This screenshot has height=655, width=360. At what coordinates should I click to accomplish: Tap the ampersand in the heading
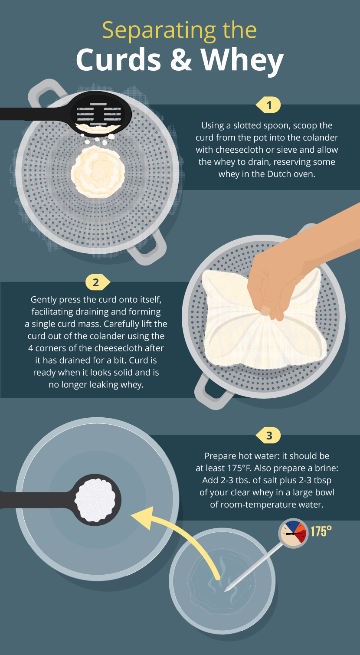tap(180, 59)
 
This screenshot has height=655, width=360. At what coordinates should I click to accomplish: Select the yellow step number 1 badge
tap(268, 105)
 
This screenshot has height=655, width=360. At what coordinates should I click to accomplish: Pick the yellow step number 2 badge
tap(98, 282)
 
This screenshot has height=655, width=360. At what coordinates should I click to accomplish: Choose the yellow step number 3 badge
tap(268, 436)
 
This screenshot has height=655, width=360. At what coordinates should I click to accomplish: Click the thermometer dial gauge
tap(293, 534)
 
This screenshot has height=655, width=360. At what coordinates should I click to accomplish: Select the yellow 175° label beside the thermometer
tap(321, 531)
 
